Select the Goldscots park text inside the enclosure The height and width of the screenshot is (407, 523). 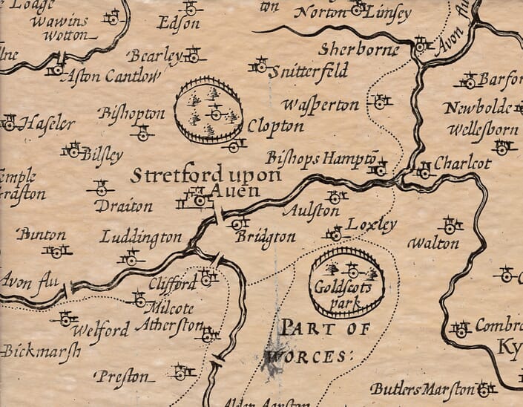[346, 290]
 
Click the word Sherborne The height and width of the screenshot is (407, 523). [358, 50]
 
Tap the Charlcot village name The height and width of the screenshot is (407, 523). [462, 163]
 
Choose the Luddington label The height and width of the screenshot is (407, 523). [141, 238]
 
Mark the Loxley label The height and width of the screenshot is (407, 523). [372, 224]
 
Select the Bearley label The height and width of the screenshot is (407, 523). [154, 56]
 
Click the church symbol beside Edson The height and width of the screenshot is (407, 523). [191, 8]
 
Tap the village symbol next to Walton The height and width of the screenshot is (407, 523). [450, 224]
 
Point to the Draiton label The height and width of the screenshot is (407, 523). [123, 206]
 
